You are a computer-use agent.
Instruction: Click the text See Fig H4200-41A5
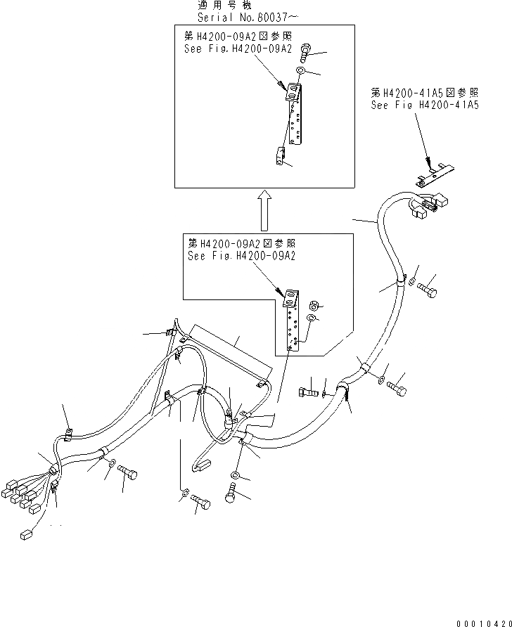(425, 105)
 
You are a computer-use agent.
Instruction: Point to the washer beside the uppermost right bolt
(412, 283)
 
